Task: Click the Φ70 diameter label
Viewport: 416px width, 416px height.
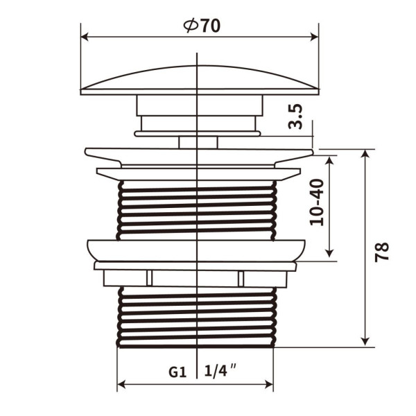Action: coord(202,26)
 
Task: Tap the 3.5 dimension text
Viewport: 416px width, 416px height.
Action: coord(295,116)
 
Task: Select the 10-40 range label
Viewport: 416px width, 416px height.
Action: coord(317,202)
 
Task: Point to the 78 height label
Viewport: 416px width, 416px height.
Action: coord(381,252)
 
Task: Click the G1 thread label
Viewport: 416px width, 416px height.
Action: coord(177,372)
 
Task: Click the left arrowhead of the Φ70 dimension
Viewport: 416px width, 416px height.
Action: coord(85,37)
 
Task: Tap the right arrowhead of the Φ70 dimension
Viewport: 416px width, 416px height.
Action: coord(314,37)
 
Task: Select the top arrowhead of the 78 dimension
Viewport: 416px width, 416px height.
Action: coord(365,153)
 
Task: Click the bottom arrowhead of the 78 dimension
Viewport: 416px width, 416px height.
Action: coord(365,343)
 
